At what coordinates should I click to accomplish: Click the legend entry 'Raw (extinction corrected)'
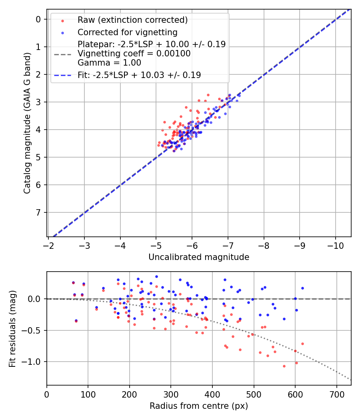(132, 20)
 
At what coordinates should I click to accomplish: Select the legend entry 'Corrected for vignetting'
(128, 32)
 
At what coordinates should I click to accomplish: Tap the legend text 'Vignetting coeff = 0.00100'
(134, 53)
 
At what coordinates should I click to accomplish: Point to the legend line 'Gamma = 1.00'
(109, 62)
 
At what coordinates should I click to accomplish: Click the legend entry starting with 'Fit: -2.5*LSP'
(139, 75)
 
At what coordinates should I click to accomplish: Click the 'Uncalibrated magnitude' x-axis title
(199, 257)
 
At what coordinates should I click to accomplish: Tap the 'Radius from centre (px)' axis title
(199, 406)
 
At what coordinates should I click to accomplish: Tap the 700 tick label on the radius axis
(336, 394)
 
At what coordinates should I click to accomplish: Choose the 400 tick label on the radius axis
(212, 394)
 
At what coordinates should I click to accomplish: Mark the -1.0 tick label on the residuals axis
(34, 362)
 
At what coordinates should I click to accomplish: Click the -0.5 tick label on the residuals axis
(34, 330)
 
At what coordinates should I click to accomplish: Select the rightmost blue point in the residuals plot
(302, 288)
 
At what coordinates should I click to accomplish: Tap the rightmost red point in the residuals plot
(302, 344)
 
